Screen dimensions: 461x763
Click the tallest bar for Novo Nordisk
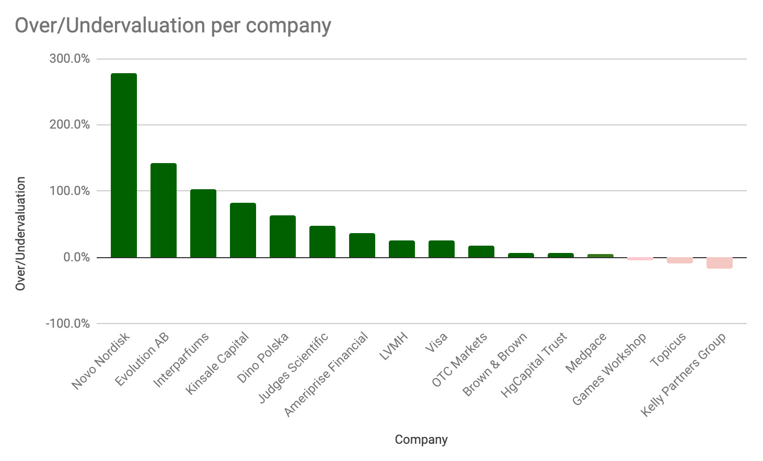pyautogui.click(x=124, y=165)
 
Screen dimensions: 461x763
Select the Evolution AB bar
pyautogui.click(x=164, y=210)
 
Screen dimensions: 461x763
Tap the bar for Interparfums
pyautogui.click(x=203, y=223)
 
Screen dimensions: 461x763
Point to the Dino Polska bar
pyautogui.click(x=283, y=236)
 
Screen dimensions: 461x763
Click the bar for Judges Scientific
pyautogui.click(x=322, y=241)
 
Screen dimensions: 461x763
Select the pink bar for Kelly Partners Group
pyautogui.click(x=720, y=263)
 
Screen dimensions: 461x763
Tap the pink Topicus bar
pyautogui.click(x=680, y=260)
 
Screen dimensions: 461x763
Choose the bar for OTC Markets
pyautogui.click(x=481, y=251)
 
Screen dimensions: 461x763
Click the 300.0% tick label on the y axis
pyautogui.click(x=70, y=59)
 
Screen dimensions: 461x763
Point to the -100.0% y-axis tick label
pyautogui.click(x=68, y=324)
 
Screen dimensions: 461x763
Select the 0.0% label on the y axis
pyautogui.click(x=76, y=257)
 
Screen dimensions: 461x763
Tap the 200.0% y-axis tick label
pyautogui.click(x=70, y=125)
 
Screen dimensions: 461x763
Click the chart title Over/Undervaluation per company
pyautogui.click(x=172, y=25)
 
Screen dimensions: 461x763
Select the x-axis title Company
pyautogui.click(x=421, y=440)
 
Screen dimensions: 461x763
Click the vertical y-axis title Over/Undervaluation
pyautogui.click(x=20, y=233)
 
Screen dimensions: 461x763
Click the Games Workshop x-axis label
pyautogui.click(x=610, y=369)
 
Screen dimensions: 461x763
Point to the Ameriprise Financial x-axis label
pyautogui.click(x=327, y=374)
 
